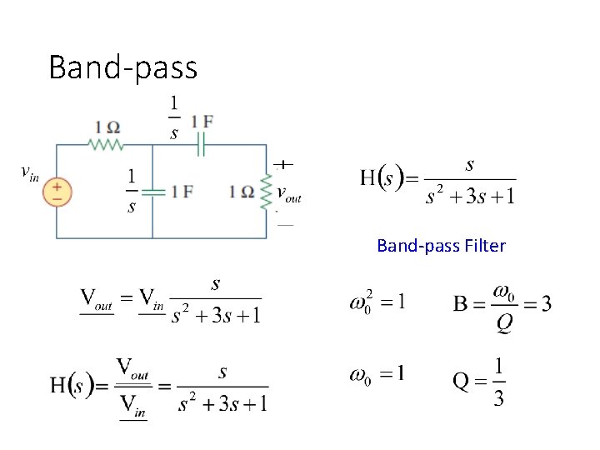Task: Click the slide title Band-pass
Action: (x=122, y=67)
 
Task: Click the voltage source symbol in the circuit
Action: (x=57, y=192)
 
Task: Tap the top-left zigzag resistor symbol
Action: (x=107, y=145)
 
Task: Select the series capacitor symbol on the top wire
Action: (x=200, y=145)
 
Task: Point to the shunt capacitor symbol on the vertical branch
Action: (x=152, y=192)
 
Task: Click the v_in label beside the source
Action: (x=29, y=172)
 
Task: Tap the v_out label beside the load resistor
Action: (x=288, y=195)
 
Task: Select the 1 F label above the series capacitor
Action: (x=202, y=121)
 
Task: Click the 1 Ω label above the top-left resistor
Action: (x=107, y=127)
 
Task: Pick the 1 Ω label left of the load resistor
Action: (x=242, y=192)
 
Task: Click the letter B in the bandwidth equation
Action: (x=460, y=303)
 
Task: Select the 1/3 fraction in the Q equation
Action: (x=498, y=382)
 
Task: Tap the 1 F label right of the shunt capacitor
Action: (x=182, y=192)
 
